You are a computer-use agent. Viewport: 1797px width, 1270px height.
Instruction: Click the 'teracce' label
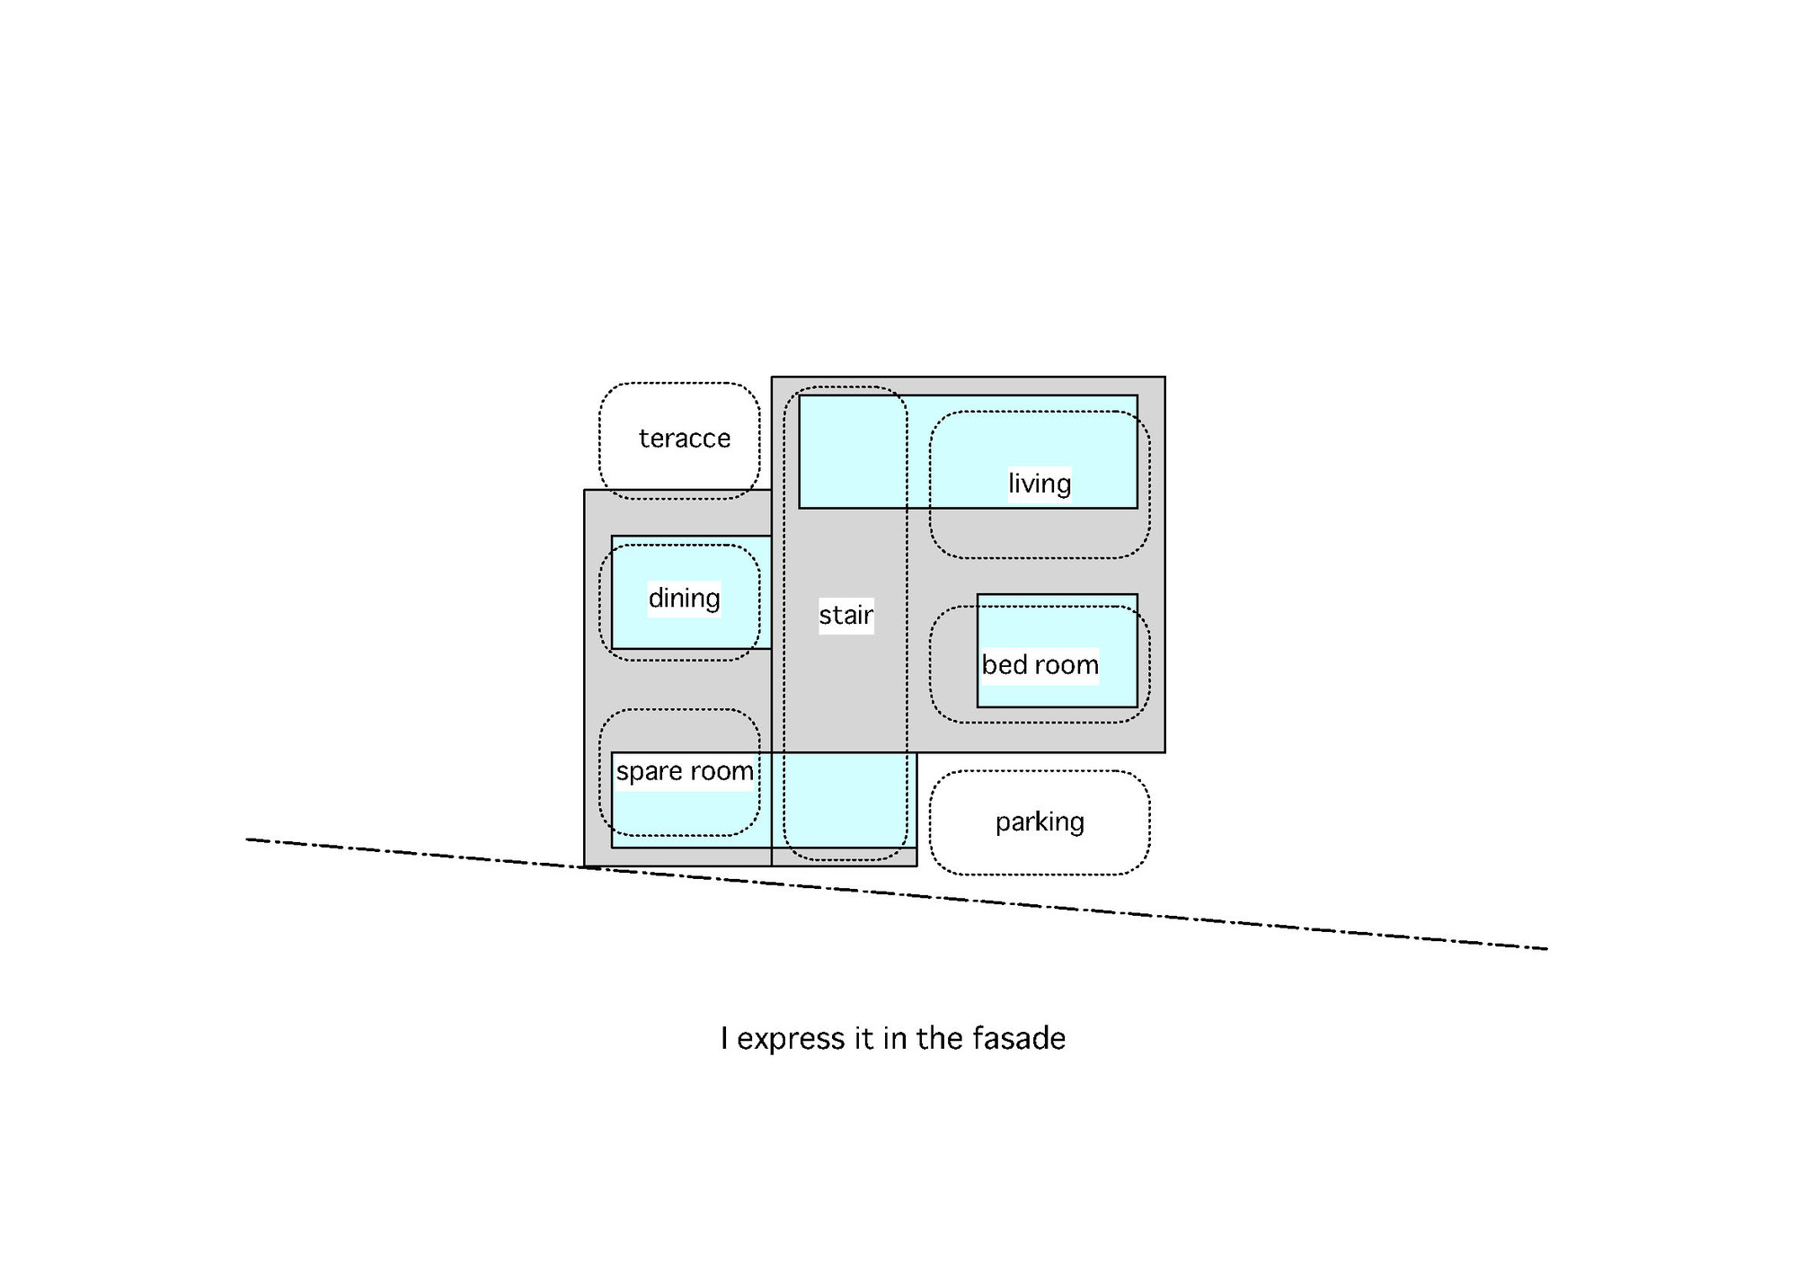coord(685,439)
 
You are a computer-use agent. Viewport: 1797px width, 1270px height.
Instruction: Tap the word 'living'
coord(1040,484)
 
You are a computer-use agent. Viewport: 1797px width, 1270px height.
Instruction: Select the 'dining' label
coord(684,598)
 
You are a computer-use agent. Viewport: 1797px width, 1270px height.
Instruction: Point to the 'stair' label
coord(845,615)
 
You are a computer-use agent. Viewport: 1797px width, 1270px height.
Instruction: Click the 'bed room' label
coord(1040,665)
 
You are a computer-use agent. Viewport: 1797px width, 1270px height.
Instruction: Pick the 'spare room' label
coord(685,771)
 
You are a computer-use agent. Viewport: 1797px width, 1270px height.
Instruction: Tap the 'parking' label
coord(1040,822)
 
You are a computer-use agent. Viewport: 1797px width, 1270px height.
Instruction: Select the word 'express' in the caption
coord(792,1039)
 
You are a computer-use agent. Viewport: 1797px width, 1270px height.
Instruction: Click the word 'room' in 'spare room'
coord(721,771)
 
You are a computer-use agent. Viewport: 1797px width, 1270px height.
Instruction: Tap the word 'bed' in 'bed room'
coord(1001,665)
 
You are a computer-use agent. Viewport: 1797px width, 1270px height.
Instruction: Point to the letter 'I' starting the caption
coord(724,1038)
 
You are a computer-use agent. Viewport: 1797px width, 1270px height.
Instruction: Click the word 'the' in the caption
coord(940,1038)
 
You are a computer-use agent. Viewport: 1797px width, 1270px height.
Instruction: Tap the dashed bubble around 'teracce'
coord(679,385)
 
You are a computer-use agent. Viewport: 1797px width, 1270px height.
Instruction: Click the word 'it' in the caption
coord(863,1038)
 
